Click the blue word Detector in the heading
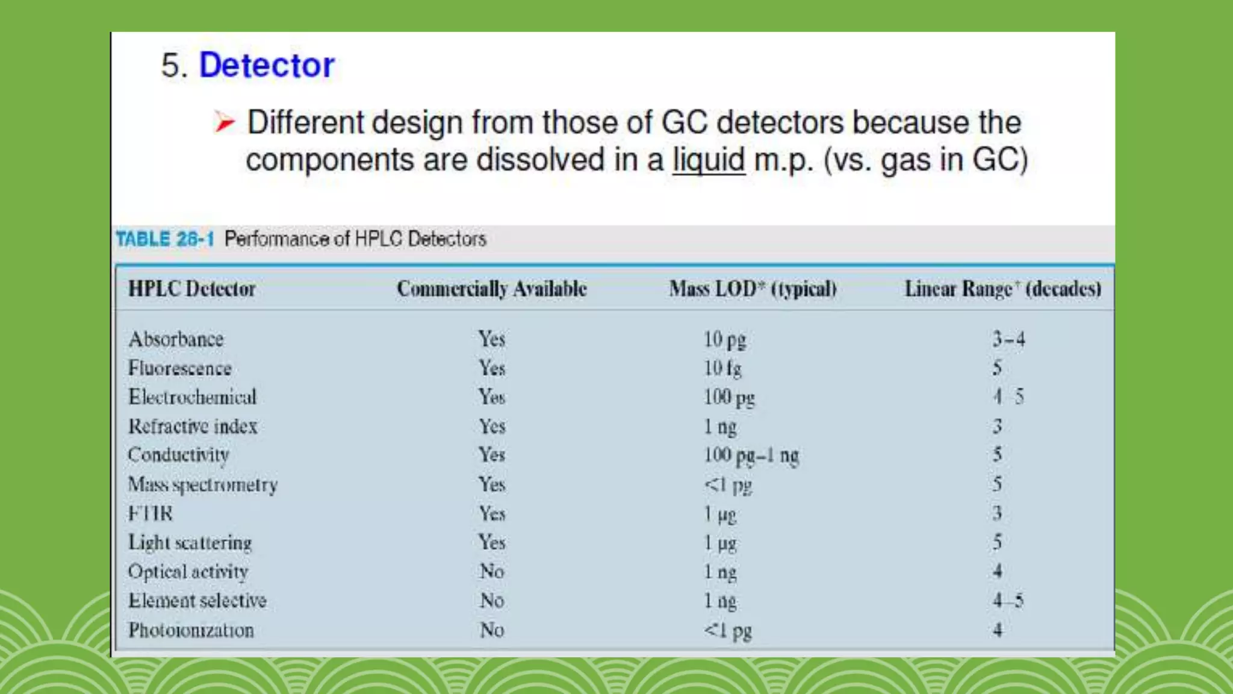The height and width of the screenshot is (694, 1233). (267, 65)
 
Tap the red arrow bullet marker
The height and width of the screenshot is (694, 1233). (224, 122)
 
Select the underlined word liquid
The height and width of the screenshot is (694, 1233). (709, 160)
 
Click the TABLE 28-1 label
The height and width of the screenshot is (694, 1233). (165, 239)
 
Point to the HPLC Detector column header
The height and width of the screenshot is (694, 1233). (191, 289)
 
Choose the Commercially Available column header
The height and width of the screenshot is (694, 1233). (491, 289)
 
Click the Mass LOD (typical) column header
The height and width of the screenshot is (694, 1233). (753, 289)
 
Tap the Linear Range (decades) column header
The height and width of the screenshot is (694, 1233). (1002, 289)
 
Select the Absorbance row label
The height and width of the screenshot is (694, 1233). (176, 339)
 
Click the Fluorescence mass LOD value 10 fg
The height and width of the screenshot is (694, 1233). (722, 368)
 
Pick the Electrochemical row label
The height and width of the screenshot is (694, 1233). (192, 397)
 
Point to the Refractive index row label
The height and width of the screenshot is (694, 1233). (193, 427)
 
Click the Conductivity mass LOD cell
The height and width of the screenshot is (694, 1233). (751, 455)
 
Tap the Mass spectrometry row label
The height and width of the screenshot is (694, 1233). (203, 485)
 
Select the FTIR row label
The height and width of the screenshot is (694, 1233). (151, 514)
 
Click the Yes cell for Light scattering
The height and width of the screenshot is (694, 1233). (492, 542)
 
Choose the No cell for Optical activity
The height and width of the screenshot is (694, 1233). (492, 571)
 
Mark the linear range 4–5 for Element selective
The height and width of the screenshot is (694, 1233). (1008, 601)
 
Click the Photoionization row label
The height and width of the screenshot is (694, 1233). (191, 630)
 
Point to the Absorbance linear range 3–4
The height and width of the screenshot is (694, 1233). (1008, 339)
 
